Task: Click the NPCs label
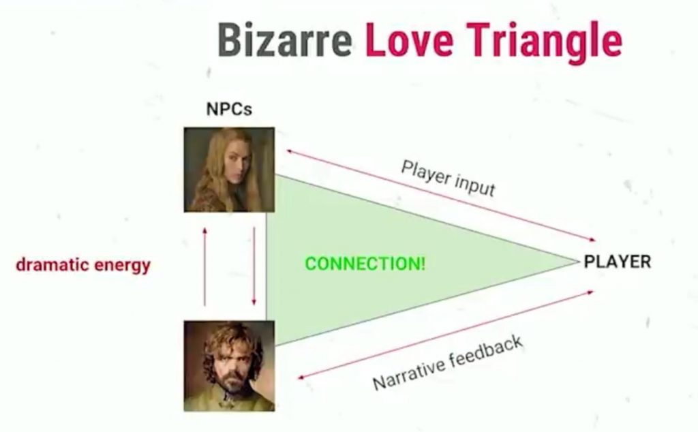pyautogui.click(x=229, y=109)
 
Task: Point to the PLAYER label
pyautogui.click(x=618, y=262)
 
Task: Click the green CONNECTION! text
pyautogui.click(x=365, y=264)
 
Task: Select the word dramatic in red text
pyautogui.click(x=48, y=264)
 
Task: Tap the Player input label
pyautogui.click(x=448, y=178)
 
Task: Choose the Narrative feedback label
pyautogui.click(x=447, y=362)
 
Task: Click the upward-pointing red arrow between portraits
pyautogui.click(x=204, y=266)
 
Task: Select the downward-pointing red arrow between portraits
pyautogui.click(x=254, y=266)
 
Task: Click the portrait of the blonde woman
pyautogui.click(x=229, y=170)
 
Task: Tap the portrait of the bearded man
pyautogui.click(x=229, y=366)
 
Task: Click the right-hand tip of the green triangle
pyautogui.click(x=577, y=262)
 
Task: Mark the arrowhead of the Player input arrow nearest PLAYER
pyautogui.click(x=592, y=240)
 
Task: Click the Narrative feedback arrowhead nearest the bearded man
pyautogui.click(x=301, y=377)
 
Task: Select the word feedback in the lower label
pyautogui.click(x=486, y=352)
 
